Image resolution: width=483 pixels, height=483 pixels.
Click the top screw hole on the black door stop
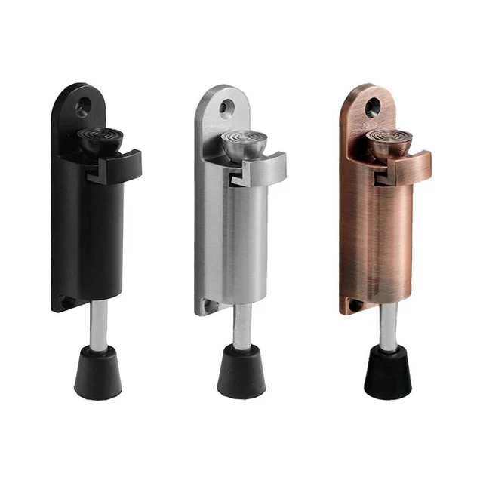81,106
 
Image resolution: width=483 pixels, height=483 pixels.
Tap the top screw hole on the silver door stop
225,107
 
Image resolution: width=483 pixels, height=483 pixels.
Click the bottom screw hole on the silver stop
207,304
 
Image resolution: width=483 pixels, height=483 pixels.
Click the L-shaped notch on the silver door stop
235,177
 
